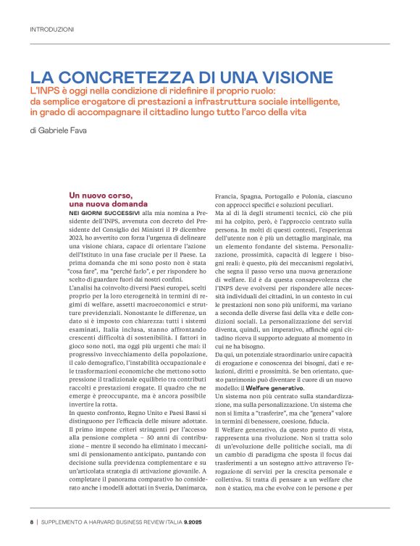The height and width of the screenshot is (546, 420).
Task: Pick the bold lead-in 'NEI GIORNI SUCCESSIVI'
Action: click(x=103, y=216)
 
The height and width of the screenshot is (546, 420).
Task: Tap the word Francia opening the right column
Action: click(x=229, y=197)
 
